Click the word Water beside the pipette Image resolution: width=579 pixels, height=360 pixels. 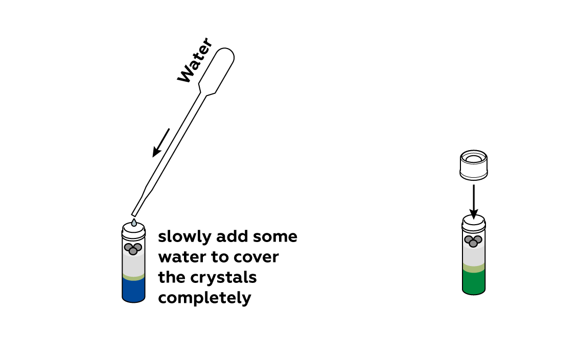[x=195, y=60]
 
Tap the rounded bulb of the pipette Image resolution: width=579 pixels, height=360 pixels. [x=217, y=70]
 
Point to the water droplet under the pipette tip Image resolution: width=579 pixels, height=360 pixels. [x=134, y=222]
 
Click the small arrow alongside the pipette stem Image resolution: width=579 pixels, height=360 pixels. [x=161, y=143]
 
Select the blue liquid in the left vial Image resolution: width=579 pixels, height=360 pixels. [x=133, y=290]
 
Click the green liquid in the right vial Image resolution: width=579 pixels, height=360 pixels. [x=474, y=282]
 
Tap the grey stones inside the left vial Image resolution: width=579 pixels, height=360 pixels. [x=133, y=249]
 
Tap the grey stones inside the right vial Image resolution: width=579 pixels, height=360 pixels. [x=473, y=241]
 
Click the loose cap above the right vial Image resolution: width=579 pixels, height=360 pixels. [x=474, y=165]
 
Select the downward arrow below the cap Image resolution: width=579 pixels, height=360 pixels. [x=474, y=202]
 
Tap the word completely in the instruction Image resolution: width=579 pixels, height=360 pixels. [x=204, y=298]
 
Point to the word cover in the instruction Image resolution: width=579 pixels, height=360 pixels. [x=256, y=257]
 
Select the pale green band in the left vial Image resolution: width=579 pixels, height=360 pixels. [x=133, y=277]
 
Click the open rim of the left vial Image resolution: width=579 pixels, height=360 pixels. [x=133, y=228]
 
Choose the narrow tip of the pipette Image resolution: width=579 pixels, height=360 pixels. [x=134, y=213]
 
